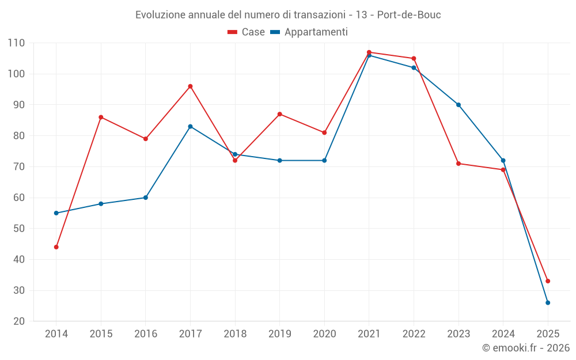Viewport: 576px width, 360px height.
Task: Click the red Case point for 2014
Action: click(56, 247)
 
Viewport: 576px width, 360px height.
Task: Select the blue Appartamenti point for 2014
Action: click(56, 213)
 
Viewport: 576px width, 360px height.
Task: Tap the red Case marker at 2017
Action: click(190, 86)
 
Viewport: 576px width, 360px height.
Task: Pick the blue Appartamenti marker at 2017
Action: click(190, 127)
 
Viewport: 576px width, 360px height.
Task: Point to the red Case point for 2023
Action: click(458, 164)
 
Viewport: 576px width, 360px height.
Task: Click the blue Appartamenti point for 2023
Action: click(458, 105)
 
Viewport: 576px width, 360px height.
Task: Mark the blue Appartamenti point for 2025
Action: click(548, 303)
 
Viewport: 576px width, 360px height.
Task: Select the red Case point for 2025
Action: click(548, 281)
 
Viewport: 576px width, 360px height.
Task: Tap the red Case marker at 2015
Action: click(101, 118)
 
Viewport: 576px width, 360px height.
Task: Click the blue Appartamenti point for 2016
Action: click(146, 198)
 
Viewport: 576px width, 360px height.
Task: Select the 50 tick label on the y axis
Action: click(19, 229)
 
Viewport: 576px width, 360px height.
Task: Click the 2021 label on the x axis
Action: click(369, 334)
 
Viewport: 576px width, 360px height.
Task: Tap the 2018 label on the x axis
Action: click(235, 334)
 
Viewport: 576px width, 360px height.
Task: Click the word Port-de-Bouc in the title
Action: click(409, 15)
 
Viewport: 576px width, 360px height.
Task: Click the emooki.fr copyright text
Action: click(526, 348)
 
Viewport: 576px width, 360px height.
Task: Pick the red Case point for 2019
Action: click(280, 114)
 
